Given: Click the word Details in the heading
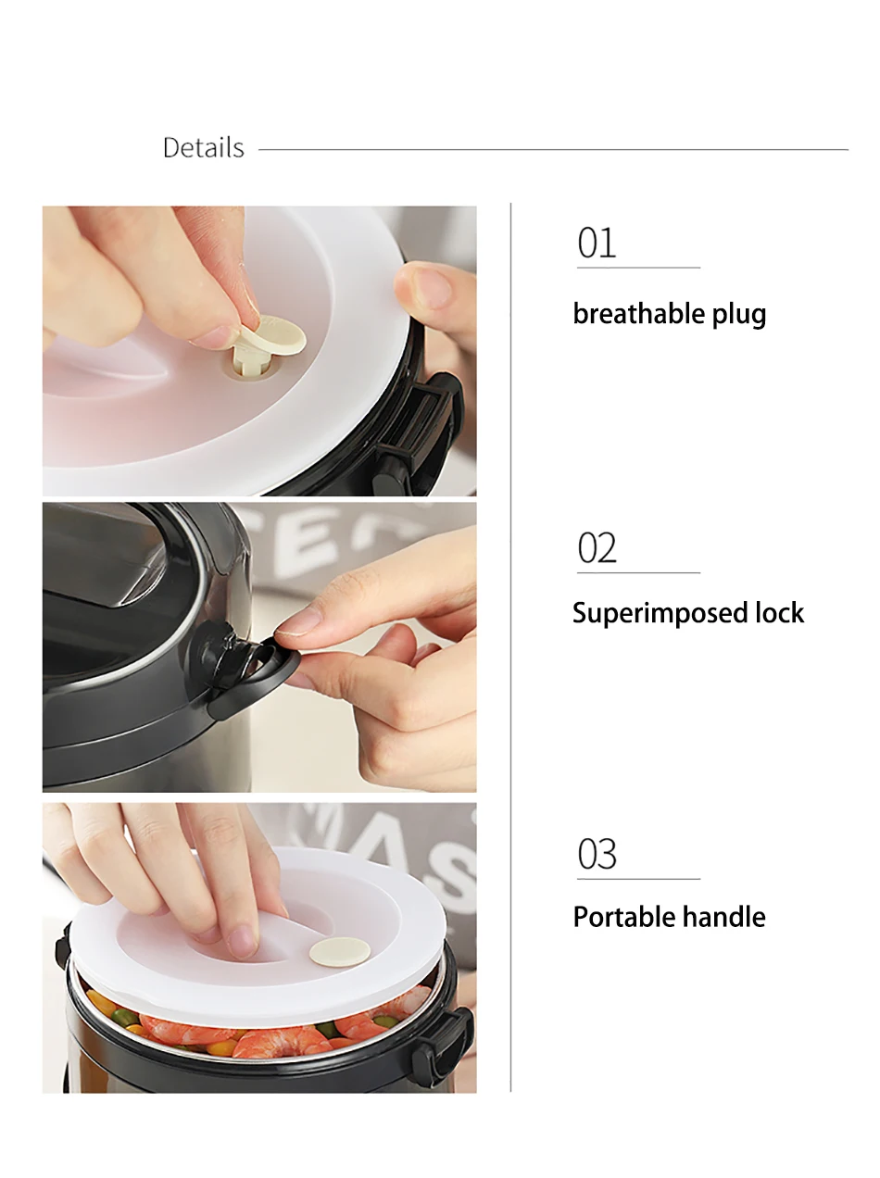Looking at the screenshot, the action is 204,147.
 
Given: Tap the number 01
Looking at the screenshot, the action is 597,244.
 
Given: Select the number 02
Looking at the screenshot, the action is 597,548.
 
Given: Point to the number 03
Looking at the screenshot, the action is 597,854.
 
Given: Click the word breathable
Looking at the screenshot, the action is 638,313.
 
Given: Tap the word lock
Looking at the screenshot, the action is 779,612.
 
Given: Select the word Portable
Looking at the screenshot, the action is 614,917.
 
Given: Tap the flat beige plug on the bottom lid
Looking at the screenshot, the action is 340,952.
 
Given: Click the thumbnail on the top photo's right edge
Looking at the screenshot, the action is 433,289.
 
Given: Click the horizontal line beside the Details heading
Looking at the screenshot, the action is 553,150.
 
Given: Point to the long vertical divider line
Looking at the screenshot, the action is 510,647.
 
